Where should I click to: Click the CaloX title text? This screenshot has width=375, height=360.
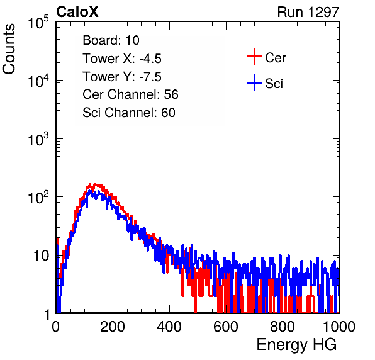pos(77,12)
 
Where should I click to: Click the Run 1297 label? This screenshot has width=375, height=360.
pos(308,12)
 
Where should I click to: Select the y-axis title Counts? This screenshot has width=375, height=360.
pos(9,49)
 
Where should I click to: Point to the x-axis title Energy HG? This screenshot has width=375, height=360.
pos(296,345)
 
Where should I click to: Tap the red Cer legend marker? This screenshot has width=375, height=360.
pos(254,57)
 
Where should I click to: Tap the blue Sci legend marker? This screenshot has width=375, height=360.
pos(254,82)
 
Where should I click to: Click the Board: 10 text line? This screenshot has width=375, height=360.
pos(111,40)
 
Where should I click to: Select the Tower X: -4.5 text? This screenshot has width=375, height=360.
pos(122,59)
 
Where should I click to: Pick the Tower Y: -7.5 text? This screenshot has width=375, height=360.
pos(122,77)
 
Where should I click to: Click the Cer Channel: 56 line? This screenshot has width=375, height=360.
pos(130,94)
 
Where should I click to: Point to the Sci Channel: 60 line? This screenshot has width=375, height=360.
pos(129,113)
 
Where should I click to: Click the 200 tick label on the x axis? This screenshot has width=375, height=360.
pos(113,327)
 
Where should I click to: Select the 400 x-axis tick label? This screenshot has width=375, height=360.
pos(169,327)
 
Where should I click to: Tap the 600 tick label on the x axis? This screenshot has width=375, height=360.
pos(226,327)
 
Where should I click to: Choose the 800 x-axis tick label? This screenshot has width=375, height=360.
pos(283,327)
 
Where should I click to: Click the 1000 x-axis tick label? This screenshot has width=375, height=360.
pos(339,327)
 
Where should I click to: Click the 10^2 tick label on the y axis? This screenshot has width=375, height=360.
pos(38,197)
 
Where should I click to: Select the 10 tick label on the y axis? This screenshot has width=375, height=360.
pos(41,256)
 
